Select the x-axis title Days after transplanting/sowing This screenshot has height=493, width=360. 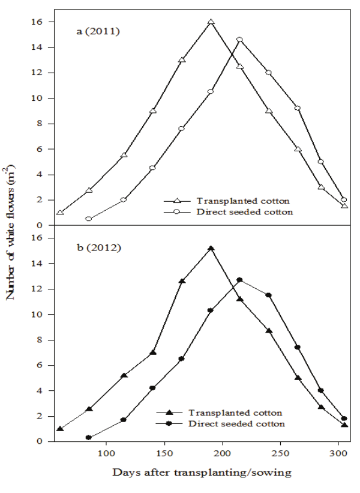tap(202, 473)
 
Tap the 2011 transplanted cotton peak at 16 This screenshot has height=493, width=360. tap(211, 22)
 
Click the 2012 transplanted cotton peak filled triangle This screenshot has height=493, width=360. tap(211, 248)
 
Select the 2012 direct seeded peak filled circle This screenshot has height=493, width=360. tap(239, 280)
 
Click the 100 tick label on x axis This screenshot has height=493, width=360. tap(106, 452)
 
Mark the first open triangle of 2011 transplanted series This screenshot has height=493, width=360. tap(60, 213)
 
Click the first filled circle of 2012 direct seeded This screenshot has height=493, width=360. tap(89, 438)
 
